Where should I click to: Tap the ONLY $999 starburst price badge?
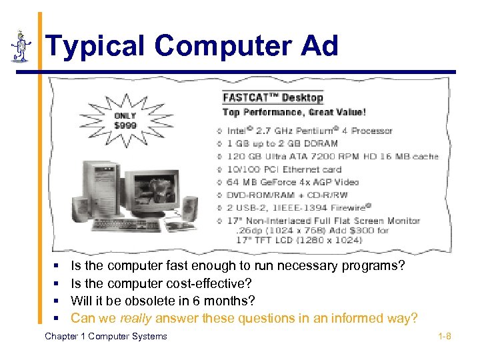point(126,120)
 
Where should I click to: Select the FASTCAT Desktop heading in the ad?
point(273,97)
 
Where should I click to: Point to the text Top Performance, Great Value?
point(294,113)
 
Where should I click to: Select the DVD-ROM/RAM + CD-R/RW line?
point(287,195)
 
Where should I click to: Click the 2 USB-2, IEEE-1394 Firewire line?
point(299,207)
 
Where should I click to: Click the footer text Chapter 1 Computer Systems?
point(106,336)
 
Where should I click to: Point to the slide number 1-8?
point(445,336)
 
